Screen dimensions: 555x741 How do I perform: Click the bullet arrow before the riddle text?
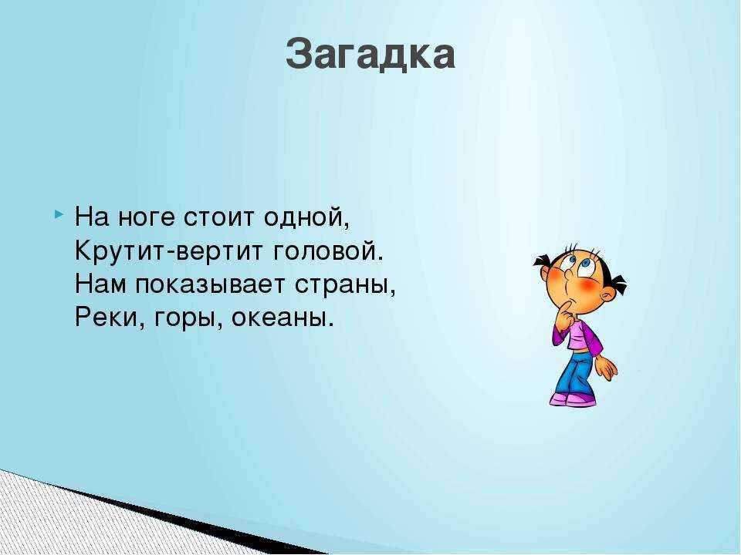click(59, 212)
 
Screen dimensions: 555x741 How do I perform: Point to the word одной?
click(306, 219)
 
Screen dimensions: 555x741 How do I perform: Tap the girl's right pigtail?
click(615, 286)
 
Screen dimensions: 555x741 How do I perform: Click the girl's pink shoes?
click(572, 399)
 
